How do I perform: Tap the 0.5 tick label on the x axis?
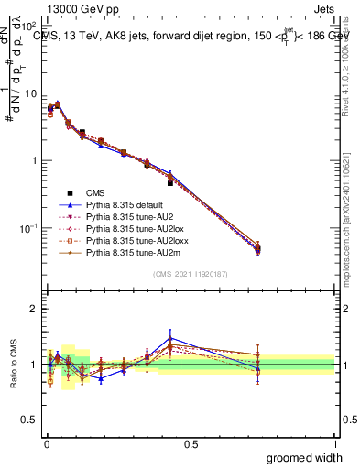click(x=190, y=443)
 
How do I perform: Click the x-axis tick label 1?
click(x=334, y=443)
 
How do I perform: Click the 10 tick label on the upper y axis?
click(x=29, y=93)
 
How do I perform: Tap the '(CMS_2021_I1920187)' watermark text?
click(x=190, y=275)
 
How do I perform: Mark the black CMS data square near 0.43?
click(x=170, y=183)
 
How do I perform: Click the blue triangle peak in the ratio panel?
click(x=170, y=338)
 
